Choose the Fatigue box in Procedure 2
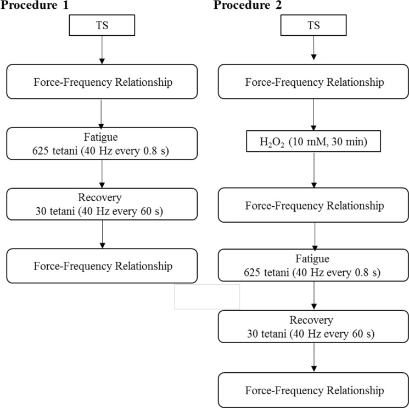click(314, 266)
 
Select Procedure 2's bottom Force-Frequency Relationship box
click(314, 390)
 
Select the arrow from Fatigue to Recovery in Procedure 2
click(314, 297)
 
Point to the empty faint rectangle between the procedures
click(207, 296)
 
